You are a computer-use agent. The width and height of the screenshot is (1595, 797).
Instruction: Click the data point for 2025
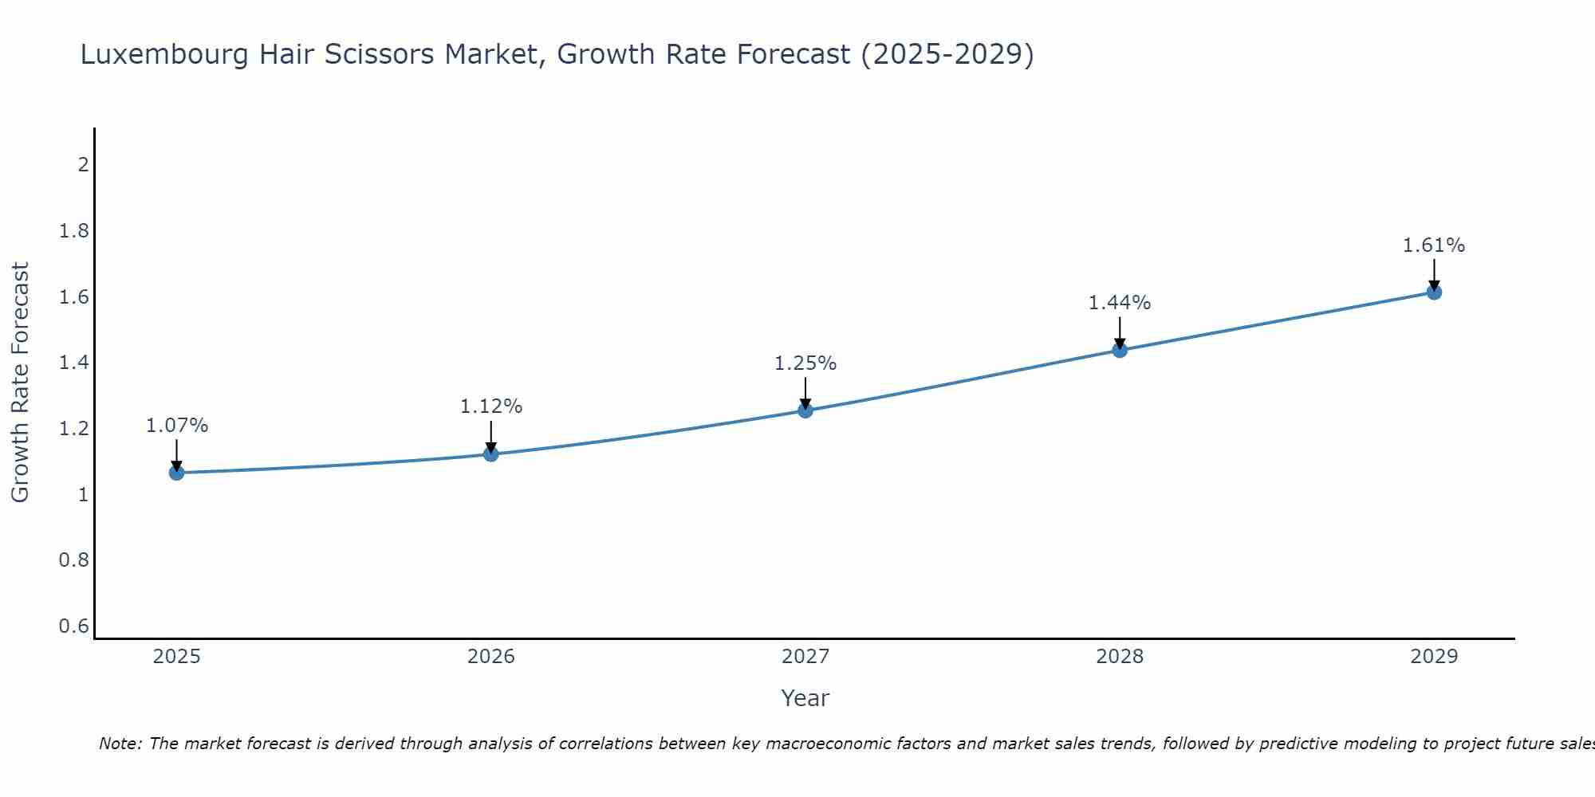tap(176, 473)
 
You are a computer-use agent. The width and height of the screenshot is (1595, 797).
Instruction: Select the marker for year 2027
tap(805, 410)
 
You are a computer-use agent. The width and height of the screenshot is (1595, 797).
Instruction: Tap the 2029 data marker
tap(1434, 292)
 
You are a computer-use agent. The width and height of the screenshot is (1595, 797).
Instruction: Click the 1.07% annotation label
tap(176, 426)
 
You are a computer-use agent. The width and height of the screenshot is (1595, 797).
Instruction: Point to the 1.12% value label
tap(490, 406)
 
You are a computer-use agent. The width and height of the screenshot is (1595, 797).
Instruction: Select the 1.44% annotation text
tap(1120, 303)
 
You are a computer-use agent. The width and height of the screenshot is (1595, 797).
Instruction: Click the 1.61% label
tap(1434, 245)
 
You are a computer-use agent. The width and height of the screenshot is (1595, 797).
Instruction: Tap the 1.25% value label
tap(805, 363)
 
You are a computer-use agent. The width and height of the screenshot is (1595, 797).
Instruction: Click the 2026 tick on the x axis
tap(490, 657)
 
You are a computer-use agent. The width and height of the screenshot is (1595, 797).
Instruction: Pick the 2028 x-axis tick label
tap(1120, 657)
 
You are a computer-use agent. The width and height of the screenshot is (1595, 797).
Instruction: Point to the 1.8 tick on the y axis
tap(73, 231)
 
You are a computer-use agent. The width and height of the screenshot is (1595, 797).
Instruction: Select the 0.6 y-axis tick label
tap(73, 626)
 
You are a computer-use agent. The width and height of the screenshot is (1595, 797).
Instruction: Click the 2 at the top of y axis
tap(82, 165)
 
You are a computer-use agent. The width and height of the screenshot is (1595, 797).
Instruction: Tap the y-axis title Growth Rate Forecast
tap(20, 383)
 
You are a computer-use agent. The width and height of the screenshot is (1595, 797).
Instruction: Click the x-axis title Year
tap(805, 698)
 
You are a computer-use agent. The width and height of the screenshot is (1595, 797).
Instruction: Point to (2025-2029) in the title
tap(947, 54)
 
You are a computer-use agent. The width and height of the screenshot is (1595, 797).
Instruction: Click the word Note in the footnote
tap(119, 744)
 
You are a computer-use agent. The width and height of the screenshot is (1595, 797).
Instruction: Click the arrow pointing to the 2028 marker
tap(1120, 332)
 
